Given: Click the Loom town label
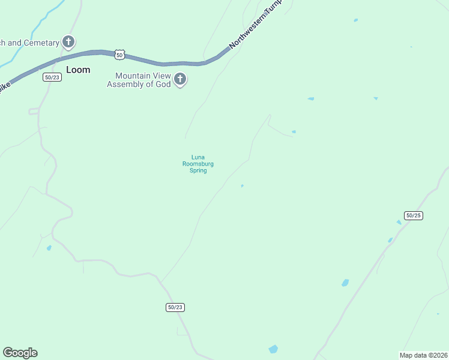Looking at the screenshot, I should (x=78, y=70).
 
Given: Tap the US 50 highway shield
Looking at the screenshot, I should (x=120, y=55).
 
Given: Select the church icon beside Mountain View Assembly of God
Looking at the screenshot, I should (x=179, y=79).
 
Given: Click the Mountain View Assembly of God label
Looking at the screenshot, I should (x=139, y=80).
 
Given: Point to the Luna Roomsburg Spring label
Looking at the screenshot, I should (x=198, y=164).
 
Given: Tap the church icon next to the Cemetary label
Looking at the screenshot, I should (x=69, y=42).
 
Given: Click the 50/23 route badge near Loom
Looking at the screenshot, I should (x=52, y=77).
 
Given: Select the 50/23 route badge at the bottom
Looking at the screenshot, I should (x=175, y=307).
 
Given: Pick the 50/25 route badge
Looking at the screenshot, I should (x=414, y=215).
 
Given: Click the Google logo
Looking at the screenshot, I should (x=20, y=353).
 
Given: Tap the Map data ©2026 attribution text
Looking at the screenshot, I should (x=423, y=355).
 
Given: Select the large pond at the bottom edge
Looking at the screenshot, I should (x=273, y=349).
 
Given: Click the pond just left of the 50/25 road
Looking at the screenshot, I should (x=345, y=283).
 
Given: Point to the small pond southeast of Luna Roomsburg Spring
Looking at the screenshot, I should (x=242, y=186).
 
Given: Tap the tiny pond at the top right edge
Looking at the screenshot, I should (x=356, y=20).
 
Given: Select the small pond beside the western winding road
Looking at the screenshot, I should (x=49, y=247).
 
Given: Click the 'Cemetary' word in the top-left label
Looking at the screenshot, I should (x=41, y=43).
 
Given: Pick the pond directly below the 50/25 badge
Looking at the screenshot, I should (x=399, y=223).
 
